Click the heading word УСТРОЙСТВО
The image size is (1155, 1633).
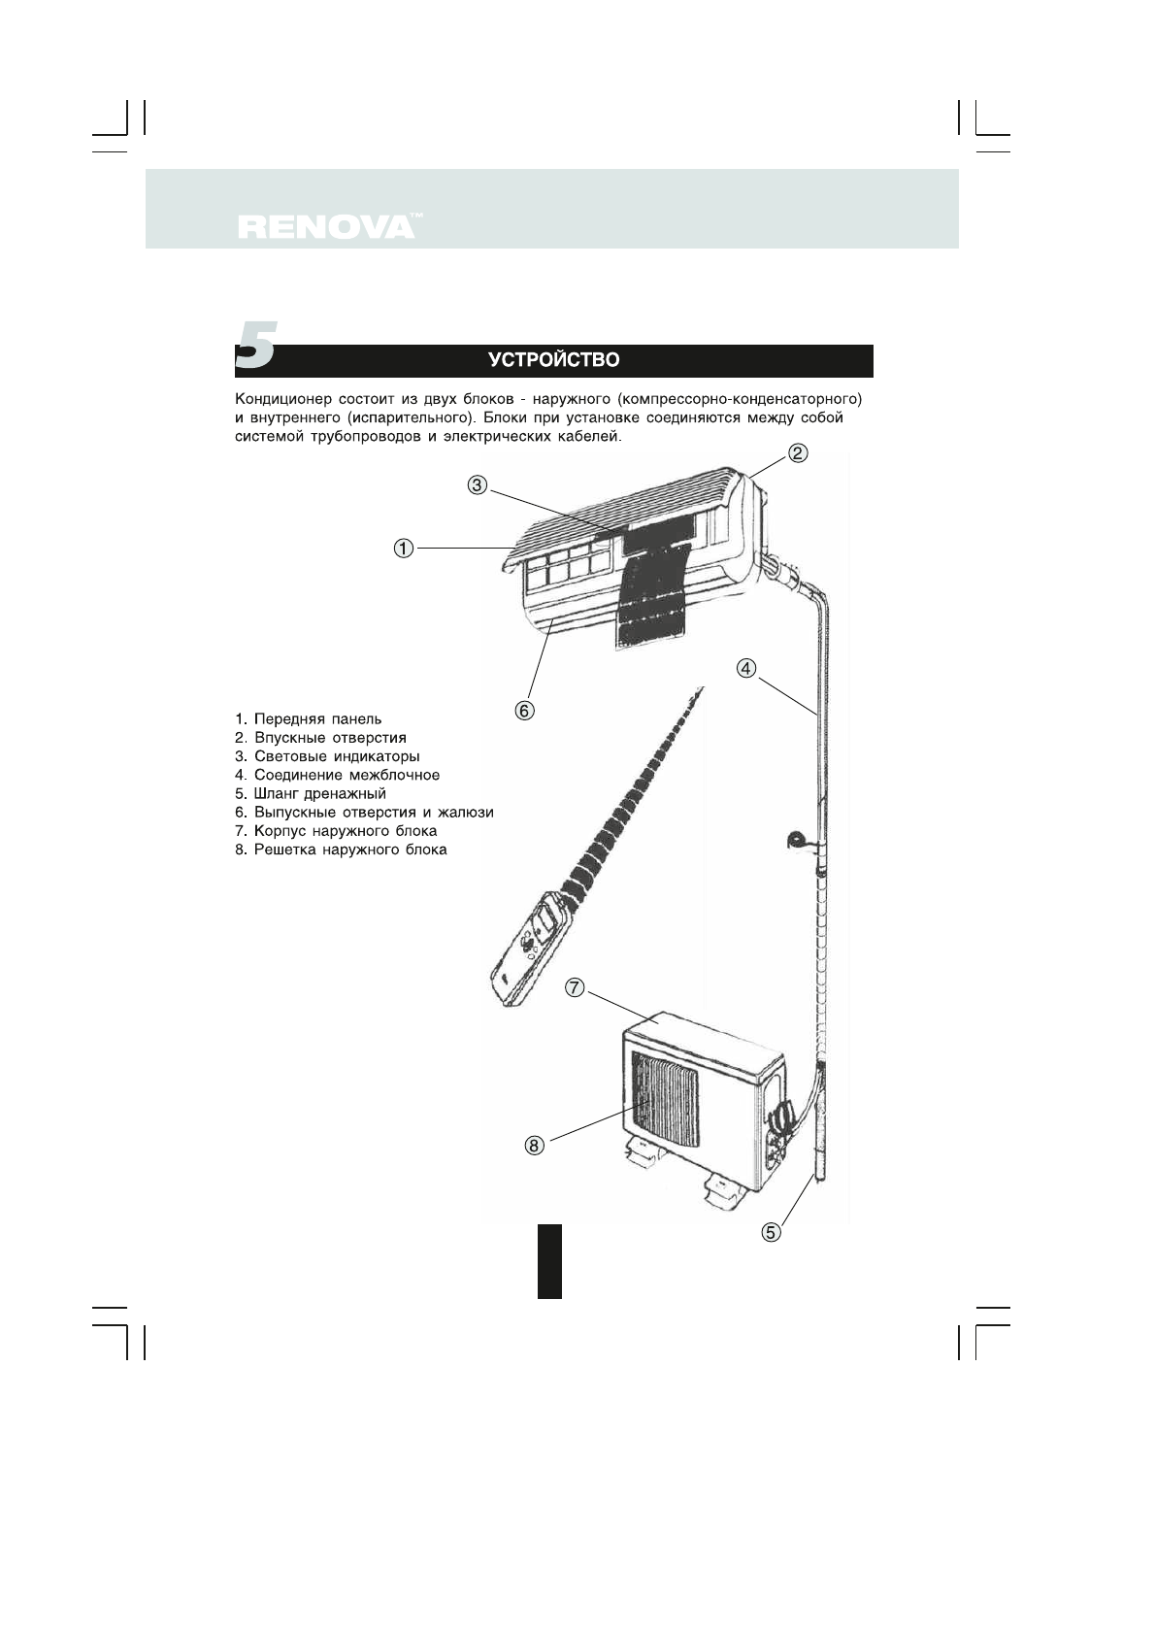click(x=553, y=360)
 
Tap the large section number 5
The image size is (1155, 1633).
click(x=255, y=346)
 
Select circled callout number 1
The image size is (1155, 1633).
click(x=403, y=549)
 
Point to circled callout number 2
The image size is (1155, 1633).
click(x=797, y=452)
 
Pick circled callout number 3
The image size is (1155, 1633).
click(x=477, y=484)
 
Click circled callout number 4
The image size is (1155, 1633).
click(x=745, y=668)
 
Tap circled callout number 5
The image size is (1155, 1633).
click(x=771, y=1232)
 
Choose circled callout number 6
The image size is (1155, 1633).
click(x=524, y=711)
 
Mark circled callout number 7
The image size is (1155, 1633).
click(x=575, y=987)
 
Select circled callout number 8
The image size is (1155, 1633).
click(x=535, y=1146)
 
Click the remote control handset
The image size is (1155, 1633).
click(x=530, y=951)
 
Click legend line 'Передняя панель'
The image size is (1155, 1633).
click(x=309, y=719)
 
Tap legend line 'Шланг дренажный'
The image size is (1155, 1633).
click(x=311, y=793)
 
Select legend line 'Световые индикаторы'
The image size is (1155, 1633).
click(x=327, y=756)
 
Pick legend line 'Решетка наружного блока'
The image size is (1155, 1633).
click(x=341, y=850)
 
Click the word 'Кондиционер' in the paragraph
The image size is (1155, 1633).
click(x=278, y=399)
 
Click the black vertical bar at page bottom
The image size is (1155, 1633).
click(x=549, y=1260)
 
